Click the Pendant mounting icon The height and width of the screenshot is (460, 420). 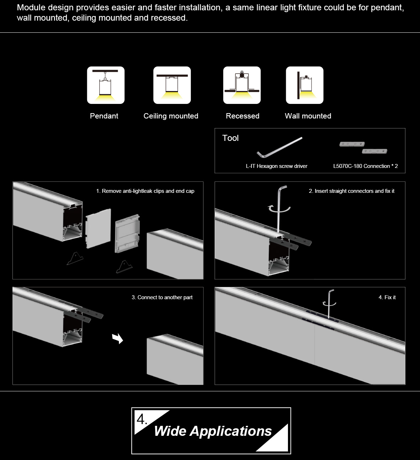point(106,85)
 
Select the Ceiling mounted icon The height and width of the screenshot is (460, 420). point(172,85)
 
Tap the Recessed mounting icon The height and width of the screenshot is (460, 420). point(242,85)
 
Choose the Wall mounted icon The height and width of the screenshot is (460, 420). point(305,85)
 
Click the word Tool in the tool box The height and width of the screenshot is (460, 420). point(230,138)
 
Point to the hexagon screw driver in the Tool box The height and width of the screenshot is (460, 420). point(279,147)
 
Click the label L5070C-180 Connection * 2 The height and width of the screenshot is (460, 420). point(366,166)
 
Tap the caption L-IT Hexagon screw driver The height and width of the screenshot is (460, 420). point(277,166)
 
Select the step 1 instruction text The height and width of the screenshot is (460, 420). point(145,191)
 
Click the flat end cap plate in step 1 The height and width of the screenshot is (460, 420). point(98,228)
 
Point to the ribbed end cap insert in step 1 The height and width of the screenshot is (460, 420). point(127,233)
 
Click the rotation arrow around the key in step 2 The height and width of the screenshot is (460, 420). point(279,209)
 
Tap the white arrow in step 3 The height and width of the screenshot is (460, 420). point(117,338)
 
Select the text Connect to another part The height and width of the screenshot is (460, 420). point(165,297)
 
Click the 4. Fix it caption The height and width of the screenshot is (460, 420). point(387,297)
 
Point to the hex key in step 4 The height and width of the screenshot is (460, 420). point(329,304)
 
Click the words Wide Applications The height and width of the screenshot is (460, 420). point(213,431)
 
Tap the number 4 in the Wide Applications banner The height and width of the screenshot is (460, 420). point(141,420)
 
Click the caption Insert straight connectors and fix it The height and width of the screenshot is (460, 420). point(355,191)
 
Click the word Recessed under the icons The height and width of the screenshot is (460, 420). point(243,116)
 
